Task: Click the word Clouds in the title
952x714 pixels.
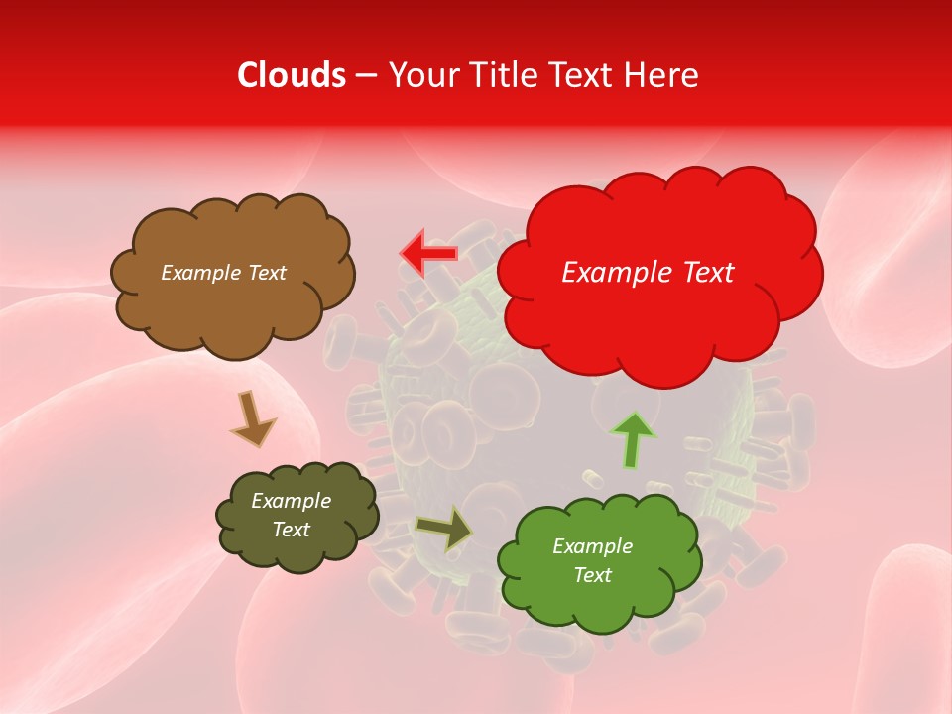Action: pos(292,75)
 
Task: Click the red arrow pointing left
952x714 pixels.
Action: pos(428,254)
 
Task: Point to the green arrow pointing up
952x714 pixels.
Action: pos(633,439)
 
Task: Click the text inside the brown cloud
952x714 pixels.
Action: pos(223,273)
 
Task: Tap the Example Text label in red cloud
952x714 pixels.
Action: pos(648,273)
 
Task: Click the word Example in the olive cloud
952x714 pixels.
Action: pos(291,501)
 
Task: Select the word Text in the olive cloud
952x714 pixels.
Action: pos(291,530)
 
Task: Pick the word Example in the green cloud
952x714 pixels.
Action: pos(592,546)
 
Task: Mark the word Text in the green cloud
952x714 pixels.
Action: pos(592,575)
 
